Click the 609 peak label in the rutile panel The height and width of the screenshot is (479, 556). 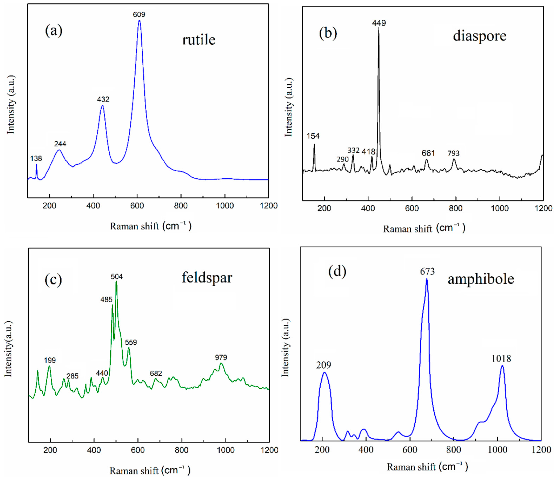[x=139, y=15]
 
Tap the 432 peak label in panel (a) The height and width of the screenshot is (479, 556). [x=103, y=99]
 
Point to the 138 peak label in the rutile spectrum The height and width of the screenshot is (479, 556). [x=36, y=159]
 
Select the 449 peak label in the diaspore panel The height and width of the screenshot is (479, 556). [x=379, y=23]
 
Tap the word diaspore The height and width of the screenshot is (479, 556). [x=480, y=36]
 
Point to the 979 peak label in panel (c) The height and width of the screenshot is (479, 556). [x=221, y=357]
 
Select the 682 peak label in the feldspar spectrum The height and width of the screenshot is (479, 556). [x=156, y=374]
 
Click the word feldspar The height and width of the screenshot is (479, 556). [x=207, y=278]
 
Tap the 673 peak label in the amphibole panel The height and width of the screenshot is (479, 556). [x=427, y=272]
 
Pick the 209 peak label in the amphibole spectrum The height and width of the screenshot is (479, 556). [x=324, y=365]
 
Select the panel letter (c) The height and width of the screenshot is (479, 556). [x=53, y=280]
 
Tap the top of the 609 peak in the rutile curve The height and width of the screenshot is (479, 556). [x=139, y=21]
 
